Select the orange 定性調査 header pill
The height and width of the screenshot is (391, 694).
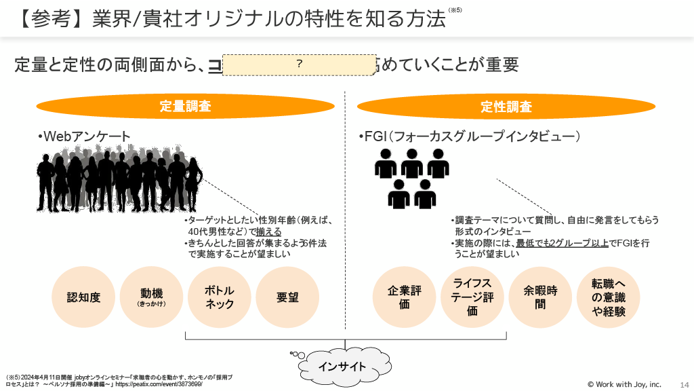click(x=506, y=107)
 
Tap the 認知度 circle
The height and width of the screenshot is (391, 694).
click(x=84, y=297)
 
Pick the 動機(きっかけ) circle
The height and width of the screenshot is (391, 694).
click(x=152, y=297)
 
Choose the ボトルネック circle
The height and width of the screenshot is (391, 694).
click(x=220, y=297)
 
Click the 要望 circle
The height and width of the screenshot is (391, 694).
click(x=287, y=297)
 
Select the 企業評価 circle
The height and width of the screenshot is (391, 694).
click(x=405, y=297)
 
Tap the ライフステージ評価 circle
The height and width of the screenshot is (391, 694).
click(x=472, y=297)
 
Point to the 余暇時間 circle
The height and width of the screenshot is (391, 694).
click(x=540, y=297)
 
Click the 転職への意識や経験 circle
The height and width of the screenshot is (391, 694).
click(x=608, y=297)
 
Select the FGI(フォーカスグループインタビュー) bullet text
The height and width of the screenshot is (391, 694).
click(x=470, y=136)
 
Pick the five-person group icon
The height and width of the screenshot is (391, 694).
click(x=412, y=178)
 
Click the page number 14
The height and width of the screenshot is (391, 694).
click(x=683, y=384)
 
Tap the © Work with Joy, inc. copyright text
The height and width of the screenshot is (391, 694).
click(x=624, y=384)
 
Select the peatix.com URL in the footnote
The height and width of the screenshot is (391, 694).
click(x=159, y=384)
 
